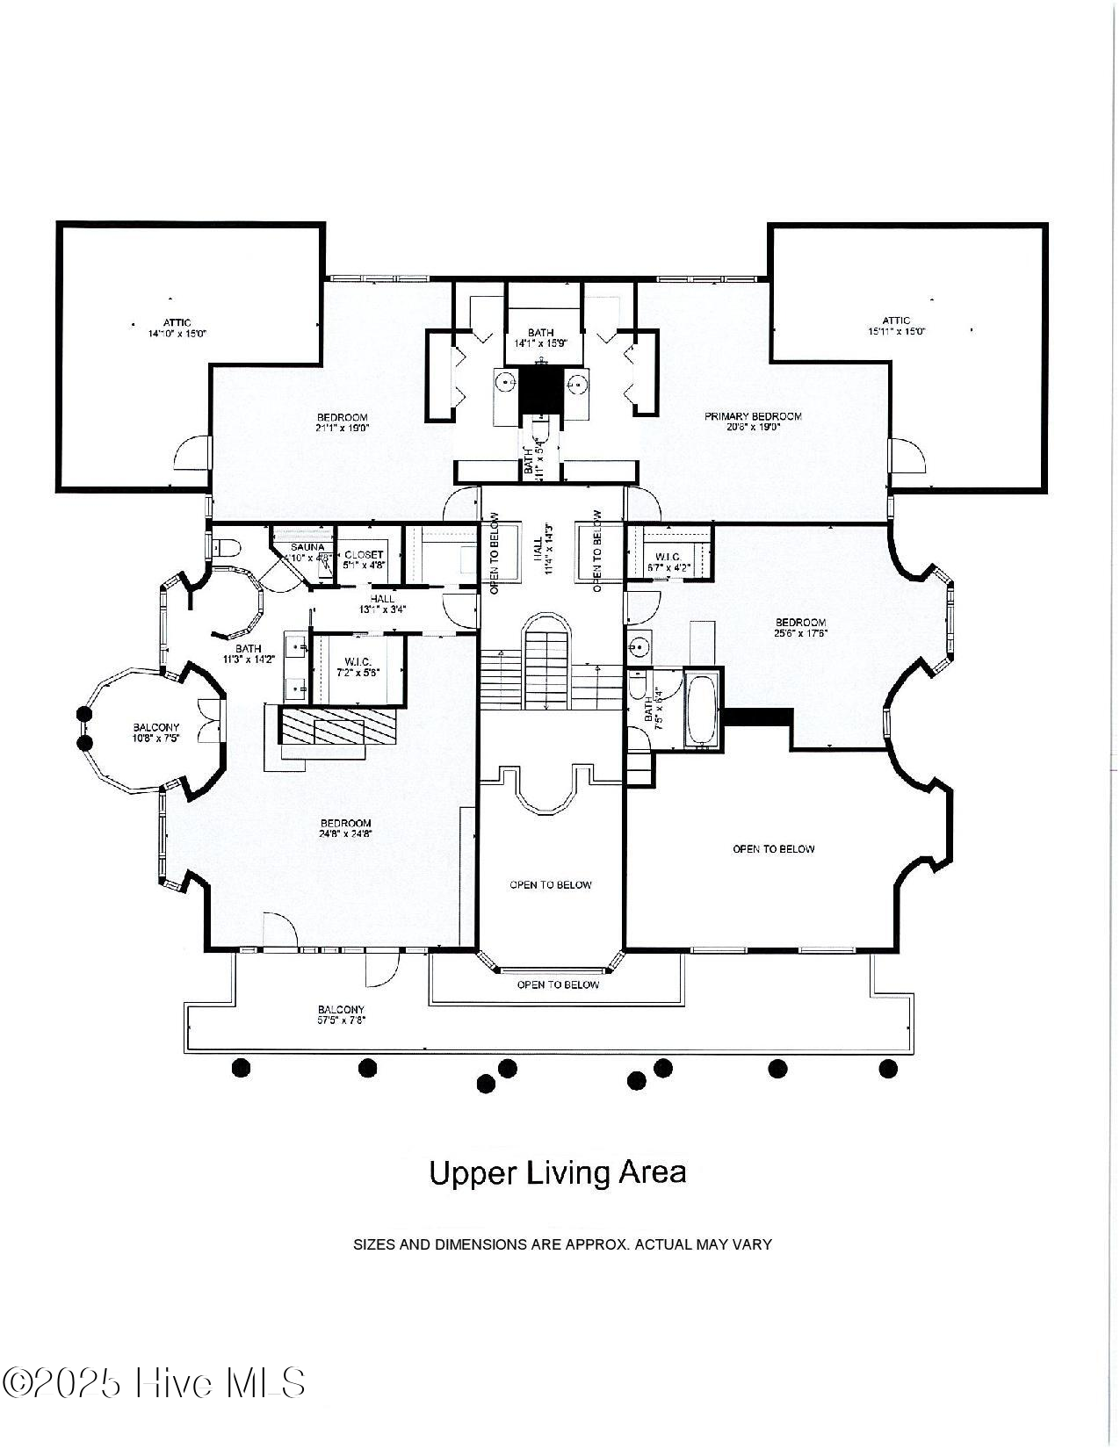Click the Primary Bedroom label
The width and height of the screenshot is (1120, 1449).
coord(753,422)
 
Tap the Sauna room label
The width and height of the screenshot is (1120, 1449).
coord(308,552)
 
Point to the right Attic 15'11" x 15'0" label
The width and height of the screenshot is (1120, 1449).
coord(896,326)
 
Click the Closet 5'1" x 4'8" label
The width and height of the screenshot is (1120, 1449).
coord(364,559)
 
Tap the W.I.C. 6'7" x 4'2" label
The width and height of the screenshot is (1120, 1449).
coord(667,562)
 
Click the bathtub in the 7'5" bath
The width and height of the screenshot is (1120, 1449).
coord(701,710)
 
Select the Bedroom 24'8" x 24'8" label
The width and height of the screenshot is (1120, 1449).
coord(345,829)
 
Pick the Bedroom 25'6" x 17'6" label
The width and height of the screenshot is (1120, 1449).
coord(800,627)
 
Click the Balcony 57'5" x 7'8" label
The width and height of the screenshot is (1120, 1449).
coord(341,1015)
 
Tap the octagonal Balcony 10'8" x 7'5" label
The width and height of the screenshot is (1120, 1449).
coord(156,732)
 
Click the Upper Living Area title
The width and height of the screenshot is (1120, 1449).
coord(558,1172)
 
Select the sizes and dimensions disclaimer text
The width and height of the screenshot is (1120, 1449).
coord(562,1244)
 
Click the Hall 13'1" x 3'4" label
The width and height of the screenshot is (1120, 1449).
coord(382,604)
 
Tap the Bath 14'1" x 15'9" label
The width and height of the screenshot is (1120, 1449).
coord(541,338)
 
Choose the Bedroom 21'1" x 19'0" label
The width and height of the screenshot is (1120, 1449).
coord(343,422)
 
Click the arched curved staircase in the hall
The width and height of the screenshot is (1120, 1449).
coord(546,663)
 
